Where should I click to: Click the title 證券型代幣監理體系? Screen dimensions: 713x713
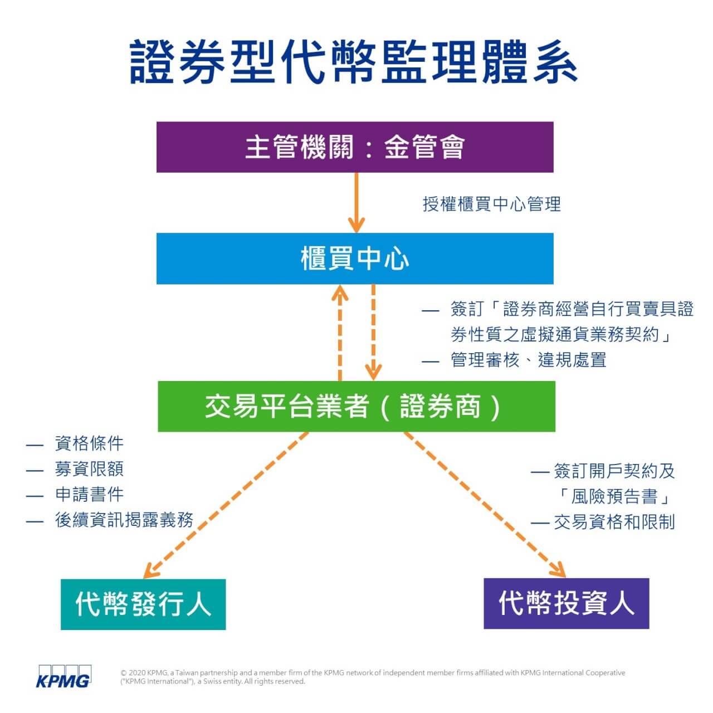[x=353, y=62]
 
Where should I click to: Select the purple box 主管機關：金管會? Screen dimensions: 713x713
[x=355, y=147]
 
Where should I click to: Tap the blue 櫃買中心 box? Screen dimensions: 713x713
[x=355, y=258]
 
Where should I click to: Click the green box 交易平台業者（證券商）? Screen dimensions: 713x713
[x=356, y=406]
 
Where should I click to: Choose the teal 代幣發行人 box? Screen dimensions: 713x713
[x=143, y=604]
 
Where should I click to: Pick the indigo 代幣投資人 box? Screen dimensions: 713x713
[x=567, y=603]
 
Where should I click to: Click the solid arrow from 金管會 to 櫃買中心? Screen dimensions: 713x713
[x=356, y=203]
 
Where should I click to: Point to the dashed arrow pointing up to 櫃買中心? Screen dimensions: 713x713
[x=340, y=333]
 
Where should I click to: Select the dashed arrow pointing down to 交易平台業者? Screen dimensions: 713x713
[x=373, y=333]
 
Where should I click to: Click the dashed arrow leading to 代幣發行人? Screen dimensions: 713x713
[x=226, y=505]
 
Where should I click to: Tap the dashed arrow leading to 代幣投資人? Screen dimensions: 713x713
[x=485, y=504]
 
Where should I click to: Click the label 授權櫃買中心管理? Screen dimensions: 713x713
[x=492, y=204]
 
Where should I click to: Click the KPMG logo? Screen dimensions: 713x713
[x=64, y=676]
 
